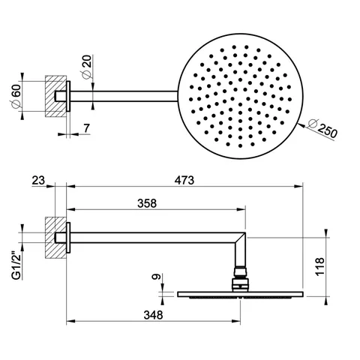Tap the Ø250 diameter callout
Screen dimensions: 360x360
(x=322, y=129)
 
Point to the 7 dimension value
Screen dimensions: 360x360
(x=86, y=128)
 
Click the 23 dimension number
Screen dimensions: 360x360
(x=38, y=180)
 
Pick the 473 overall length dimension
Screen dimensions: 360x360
(x=184, y=180)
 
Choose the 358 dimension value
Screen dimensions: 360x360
(x=147, y=203)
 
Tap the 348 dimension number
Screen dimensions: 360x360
(x=153, y=315)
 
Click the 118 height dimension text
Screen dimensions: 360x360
(x=320, y=266)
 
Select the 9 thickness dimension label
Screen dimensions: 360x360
(x=156, y=277)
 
